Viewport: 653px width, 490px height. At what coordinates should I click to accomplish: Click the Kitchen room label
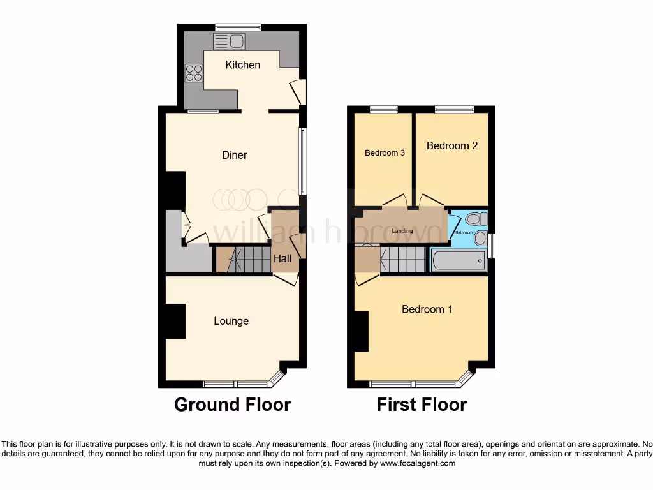point(243,64)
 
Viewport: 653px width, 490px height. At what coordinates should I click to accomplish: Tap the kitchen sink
point(229,41)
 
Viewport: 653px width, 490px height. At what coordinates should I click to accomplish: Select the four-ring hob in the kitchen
point(194,73)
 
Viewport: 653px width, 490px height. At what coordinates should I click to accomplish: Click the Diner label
point(234,155)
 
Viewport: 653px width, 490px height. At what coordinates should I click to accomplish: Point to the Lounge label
point(231,321)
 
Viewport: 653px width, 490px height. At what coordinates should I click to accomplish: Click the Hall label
point(282,258)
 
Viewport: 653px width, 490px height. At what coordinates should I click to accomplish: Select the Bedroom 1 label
point(427,309)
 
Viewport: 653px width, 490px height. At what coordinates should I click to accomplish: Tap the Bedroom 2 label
point(452,145)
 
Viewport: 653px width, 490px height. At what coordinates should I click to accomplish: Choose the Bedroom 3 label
point(385,152)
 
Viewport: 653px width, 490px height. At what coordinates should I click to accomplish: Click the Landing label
point(402,231)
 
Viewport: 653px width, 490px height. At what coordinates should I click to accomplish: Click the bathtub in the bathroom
point(458,260)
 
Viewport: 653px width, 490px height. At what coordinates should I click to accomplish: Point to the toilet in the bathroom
point(476,219)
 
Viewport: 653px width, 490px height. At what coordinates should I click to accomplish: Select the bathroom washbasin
point(480,239)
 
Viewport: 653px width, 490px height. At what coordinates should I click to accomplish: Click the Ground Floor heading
point(232,405)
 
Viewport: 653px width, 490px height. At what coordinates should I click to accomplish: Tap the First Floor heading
point(422,405)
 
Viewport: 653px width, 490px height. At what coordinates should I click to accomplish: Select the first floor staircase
point(402,260)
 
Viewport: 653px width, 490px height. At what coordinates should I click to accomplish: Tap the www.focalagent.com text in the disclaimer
point(417,463)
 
